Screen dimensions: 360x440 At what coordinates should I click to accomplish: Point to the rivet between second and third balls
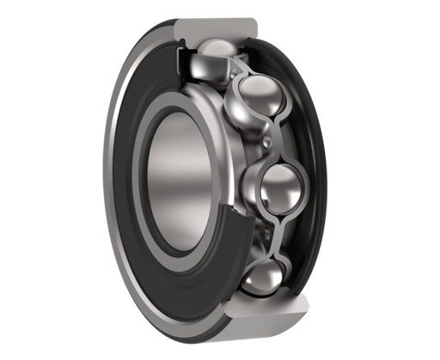[x=272, y=137]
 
